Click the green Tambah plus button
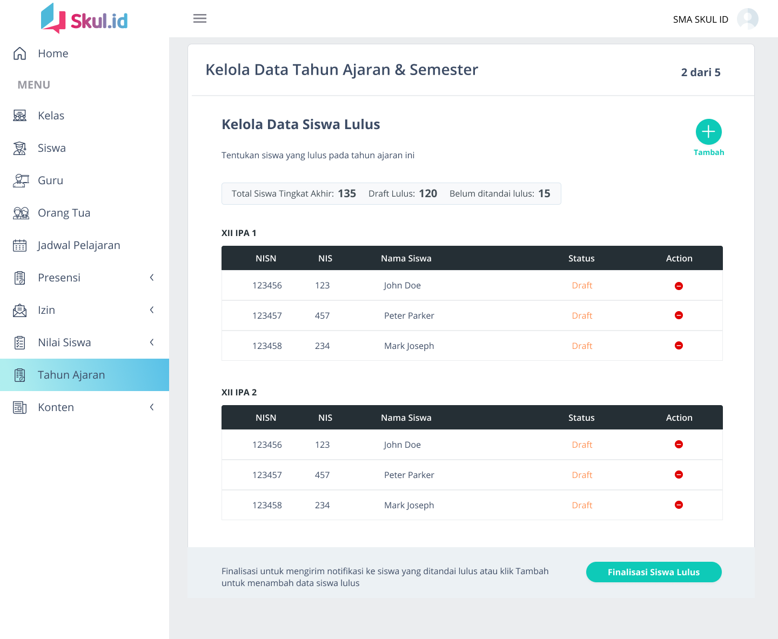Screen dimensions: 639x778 coord(708,132)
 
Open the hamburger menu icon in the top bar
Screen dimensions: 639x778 coord(200,19)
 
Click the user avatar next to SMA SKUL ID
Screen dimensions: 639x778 coord(747,19)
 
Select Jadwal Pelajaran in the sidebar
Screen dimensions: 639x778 coord(78,245)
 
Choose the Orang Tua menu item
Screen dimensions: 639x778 coord(64,213)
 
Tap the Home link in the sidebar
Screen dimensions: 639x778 coord(52,53)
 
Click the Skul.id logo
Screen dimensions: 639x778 coord(85,19)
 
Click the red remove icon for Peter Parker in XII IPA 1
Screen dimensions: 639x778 coord(679,315)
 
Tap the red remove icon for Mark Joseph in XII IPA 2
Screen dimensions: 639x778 coord(679,505)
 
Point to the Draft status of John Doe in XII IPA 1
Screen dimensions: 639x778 coord(582,285)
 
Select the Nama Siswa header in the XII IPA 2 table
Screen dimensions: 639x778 coord(406,418)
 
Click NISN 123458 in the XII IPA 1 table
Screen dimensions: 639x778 coord(267,346)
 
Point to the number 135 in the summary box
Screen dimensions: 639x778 coord(347,193)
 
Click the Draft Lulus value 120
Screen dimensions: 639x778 coord(428,193)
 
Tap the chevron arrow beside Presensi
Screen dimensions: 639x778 coord(152,278)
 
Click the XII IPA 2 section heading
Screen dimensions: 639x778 coord(239,392)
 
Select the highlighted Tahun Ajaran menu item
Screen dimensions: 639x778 coord(71,375)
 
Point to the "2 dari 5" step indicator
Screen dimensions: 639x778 coord(700,72)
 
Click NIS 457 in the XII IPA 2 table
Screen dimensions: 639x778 coord(322,475)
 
